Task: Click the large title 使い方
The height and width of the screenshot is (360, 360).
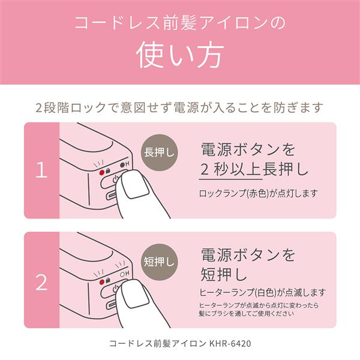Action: [x=180, y=55]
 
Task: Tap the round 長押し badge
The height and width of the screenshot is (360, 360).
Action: [x=160, y=152]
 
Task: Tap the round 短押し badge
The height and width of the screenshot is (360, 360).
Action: [x=160, y=262]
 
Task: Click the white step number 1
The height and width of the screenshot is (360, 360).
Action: [x=41, y=170]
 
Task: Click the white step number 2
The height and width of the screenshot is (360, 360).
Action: [x=41, y=282]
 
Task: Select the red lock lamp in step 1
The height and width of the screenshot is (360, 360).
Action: [x=102, y=172]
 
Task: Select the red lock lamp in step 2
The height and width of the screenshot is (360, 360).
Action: [x=102, y=282]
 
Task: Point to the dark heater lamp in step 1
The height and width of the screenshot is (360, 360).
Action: [x=122, y=164]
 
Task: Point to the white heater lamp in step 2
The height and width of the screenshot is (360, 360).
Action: [x=122, y=274]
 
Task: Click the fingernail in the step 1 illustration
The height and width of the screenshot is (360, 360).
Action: [x=136, y=185]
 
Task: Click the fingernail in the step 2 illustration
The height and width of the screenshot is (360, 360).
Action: [x=136, y=295]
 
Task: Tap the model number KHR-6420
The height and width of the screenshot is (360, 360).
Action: [x=230, y=343]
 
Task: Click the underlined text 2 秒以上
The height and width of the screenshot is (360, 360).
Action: [x=230, y=169]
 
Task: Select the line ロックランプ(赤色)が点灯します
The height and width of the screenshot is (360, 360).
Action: [x=258, y=194]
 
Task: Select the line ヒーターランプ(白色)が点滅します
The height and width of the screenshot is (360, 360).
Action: [x=262, y=293]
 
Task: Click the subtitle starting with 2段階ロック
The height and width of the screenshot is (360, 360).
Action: [x=179, y=107]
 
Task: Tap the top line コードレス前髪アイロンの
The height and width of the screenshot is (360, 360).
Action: [x=180, y=23]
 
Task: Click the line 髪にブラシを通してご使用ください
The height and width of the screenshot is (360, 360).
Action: [x=247, y=313]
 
